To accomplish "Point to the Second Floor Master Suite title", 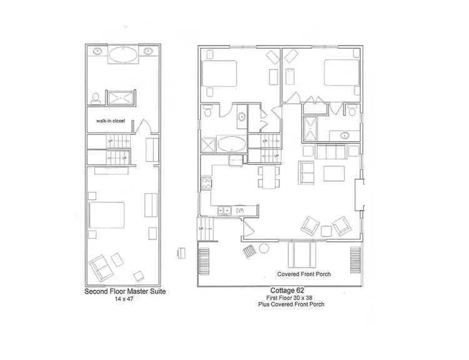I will [124, 292].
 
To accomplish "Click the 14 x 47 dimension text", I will [124, 300].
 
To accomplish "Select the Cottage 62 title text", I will [287, 290].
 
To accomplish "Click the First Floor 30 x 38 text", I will [287, 297].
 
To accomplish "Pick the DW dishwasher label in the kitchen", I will [240, 209].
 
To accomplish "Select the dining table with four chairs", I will [269, 176].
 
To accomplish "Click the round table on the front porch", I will [263, 248].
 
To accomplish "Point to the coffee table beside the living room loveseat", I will [333, 172].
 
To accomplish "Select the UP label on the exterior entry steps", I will [201, 229].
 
